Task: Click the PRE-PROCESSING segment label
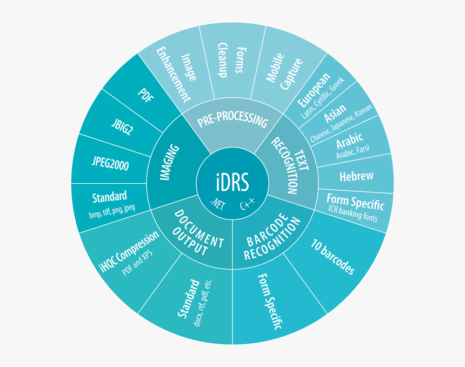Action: (x=232, y=121)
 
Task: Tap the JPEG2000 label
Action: (x=110, y=164)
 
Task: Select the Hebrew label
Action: (x=356, y=176)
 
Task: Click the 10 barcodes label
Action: (x=333, y=256)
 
